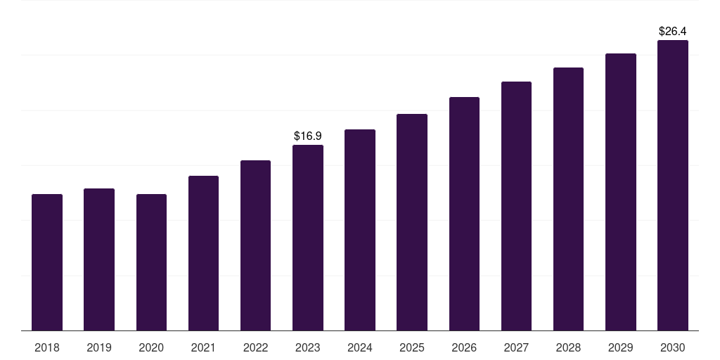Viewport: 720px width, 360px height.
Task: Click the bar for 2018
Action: (x=47, y=262)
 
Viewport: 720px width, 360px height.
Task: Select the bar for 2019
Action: (x=99, y=259)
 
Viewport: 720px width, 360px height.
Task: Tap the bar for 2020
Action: (x=152, y=262)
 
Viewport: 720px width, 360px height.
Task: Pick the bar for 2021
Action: (x=203, y=253)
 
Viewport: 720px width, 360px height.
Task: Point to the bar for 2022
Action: (x=255, y=245)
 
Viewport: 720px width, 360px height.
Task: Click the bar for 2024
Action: (x=360, y=230)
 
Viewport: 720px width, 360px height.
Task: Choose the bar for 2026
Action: (x=464, y=214)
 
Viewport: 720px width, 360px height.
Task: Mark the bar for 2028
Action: (x=568, y=199)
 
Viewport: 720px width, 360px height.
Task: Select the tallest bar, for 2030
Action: (x=673, y=186)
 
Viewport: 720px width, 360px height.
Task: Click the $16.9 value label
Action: (x=308, y=136)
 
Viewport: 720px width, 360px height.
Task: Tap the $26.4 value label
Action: (x=673, y=31)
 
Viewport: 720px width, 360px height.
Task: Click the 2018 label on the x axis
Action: (x=47, y=347)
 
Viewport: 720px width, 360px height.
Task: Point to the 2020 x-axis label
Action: (x=151, y=347)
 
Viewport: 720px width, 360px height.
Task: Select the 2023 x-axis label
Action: (x=308, y=347)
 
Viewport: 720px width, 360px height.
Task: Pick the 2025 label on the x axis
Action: (x=412, y=347)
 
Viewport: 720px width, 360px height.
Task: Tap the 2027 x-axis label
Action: (x=516, y=347)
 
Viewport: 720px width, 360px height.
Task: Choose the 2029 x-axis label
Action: (x=620, y=347)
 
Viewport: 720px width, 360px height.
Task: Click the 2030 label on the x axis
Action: (x=673, y=347)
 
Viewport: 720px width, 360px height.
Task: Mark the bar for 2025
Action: (x=412, y=222)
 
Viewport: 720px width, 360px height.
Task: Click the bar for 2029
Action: (x=621, y=192)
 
